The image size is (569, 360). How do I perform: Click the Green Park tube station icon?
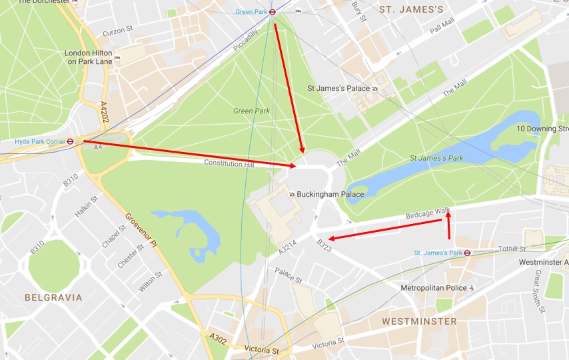[x=272, y=11]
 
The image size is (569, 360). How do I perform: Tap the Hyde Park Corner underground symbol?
[x=79, y=141]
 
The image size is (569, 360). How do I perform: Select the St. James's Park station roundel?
[x=467, y=253]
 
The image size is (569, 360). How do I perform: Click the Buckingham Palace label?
[x=330, y=195]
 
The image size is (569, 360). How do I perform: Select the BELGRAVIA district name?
[x=53, y=297]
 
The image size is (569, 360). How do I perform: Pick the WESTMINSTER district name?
[x=419, y=321]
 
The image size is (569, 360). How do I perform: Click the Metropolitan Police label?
[x=433, y=288]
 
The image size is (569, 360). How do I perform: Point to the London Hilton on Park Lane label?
[x=89, y=57]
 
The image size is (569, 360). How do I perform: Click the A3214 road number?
[x=288, y=247]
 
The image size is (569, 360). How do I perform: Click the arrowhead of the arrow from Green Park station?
[x=303, y=151]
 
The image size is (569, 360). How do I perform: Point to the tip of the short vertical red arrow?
[x=448, y=212]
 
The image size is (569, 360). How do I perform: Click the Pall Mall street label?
[x=442, y=27]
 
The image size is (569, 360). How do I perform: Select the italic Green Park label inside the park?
[x=252, y=111]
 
